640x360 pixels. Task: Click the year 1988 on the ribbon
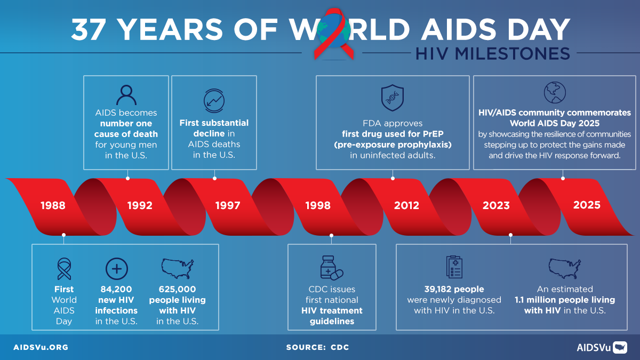[52, 205]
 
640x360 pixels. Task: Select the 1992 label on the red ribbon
[140, 205]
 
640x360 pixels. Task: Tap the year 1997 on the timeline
[228, 205]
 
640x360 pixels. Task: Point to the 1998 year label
[318, 205]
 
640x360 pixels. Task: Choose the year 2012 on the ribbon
[406, 205]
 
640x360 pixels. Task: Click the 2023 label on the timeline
[496, 205]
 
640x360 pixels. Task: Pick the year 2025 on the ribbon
[587, 205]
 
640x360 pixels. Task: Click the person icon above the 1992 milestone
[126, 94]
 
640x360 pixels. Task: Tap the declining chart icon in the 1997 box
[214, 100]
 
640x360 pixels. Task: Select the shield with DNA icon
[393, 98]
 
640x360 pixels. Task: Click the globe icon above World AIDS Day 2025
[555, 93]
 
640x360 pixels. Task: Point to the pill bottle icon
[331, 267]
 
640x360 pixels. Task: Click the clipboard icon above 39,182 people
[454, 266]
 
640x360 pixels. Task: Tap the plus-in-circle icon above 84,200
[117, 268]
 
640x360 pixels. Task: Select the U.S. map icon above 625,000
[177, 268]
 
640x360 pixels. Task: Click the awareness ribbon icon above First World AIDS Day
[64, 269]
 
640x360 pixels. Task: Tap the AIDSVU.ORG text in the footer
[41, 347]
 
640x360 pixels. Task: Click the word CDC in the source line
[339, 347]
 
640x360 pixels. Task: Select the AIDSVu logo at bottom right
[602, 347]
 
